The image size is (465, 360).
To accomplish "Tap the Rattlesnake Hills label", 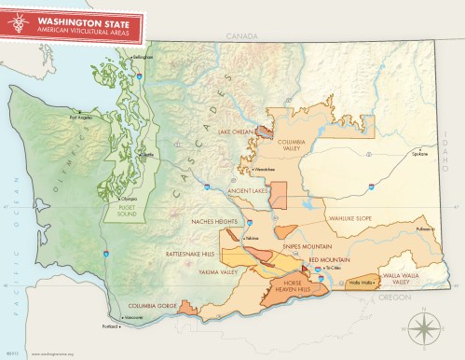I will pos(196,253).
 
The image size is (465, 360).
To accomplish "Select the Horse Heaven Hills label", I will pos(293,287).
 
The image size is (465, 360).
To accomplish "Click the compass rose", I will pos(421,325).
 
